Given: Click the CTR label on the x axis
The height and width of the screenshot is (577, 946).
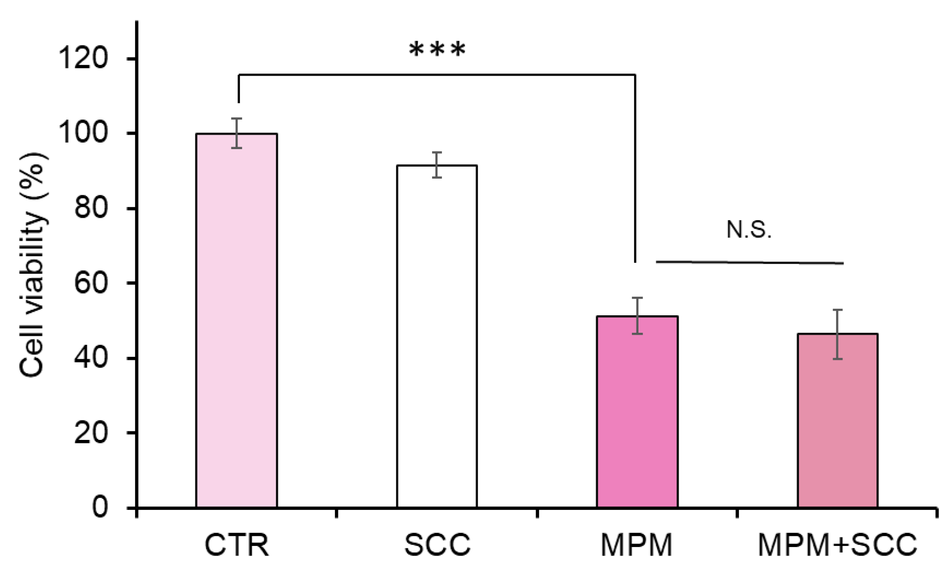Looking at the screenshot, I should (236, 544).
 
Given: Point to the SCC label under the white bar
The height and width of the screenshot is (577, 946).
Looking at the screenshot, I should (437, 544).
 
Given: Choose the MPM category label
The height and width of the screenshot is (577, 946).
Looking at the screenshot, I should (636, 544).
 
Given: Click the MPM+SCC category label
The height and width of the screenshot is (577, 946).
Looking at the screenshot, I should (837, 544).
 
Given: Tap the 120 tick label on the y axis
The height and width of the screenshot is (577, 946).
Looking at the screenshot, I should (83, 58).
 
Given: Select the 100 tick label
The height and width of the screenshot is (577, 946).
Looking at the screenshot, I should (83, 133).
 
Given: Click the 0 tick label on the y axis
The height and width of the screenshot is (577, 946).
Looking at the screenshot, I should (99, 507).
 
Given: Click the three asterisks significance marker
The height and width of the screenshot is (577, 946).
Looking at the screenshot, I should (437, 50).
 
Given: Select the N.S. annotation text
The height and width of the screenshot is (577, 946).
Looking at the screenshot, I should (748, 230).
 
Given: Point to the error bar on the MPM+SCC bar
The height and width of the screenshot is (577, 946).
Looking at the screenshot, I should (837, 334).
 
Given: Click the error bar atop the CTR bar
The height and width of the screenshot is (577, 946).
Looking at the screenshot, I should (236, 133).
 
